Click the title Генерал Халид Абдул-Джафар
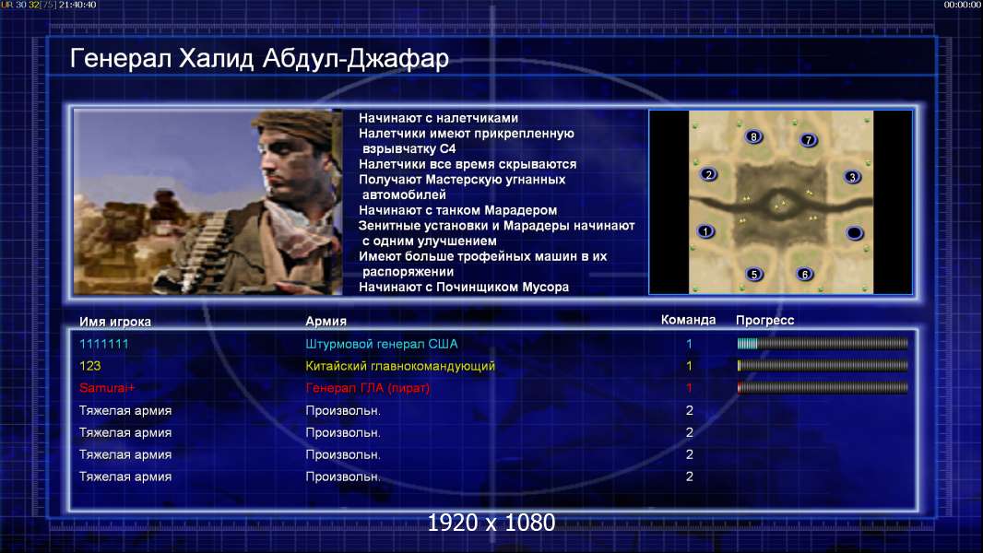259,58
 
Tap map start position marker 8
753,136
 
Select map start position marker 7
808,140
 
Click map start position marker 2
708,174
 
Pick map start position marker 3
852,177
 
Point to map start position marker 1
705,231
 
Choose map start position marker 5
754,274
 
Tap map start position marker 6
805,274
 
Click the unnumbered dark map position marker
855,233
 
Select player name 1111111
104,344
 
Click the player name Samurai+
107,388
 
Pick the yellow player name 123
89,366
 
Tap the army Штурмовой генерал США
381,344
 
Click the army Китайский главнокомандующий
400,366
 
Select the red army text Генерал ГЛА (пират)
367,388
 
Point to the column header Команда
688,320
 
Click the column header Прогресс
764,320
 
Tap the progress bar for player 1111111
823,343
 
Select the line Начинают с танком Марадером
457,210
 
